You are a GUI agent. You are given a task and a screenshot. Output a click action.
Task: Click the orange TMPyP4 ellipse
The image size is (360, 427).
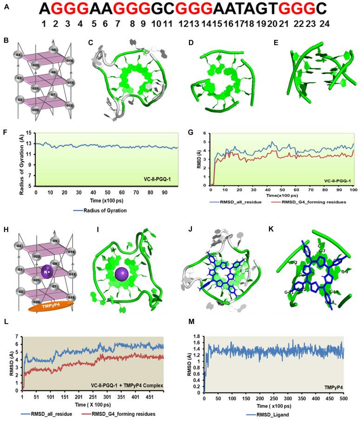coord(48,307)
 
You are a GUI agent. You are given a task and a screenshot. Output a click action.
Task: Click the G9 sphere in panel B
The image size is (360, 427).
coord(54,50)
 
